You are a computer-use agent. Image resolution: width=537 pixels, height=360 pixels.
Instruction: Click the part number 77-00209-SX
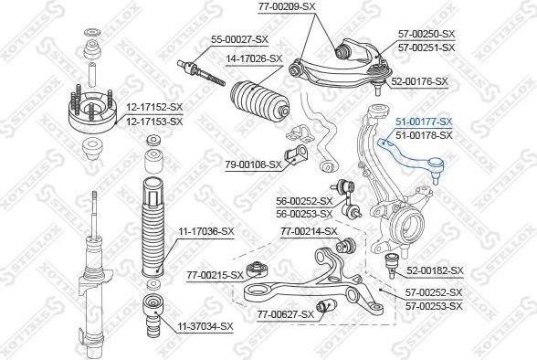[x=287, y=6]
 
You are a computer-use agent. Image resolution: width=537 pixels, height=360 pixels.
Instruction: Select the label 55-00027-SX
[x=239, y=39]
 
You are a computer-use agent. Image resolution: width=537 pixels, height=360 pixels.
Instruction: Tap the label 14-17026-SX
[x=254, y=58]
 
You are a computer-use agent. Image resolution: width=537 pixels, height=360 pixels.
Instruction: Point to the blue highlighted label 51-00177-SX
[x=424, y=122]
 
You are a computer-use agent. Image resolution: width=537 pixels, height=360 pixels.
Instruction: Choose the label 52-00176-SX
[x=419, y=81]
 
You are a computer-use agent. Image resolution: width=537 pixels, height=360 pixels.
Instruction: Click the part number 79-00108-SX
[x=254, y=165]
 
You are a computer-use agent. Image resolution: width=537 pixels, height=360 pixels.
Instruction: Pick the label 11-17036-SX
[x=206, y=231]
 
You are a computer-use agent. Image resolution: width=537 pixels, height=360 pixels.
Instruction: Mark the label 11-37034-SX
[x=205, y=326]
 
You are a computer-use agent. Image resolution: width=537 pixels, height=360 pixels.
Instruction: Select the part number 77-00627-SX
[x=286, y=314]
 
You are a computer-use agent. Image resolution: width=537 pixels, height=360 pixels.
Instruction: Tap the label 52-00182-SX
[x=435, y=270]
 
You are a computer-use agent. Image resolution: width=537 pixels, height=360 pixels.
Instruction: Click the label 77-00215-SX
[x=216, y=275]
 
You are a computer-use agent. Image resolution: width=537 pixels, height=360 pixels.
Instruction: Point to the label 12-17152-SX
[x=155, y=108]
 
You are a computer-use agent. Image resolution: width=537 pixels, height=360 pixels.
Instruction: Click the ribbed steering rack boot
[x=260, y=101]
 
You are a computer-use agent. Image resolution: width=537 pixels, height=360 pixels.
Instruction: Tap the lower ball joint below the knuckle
[x=392, y=264]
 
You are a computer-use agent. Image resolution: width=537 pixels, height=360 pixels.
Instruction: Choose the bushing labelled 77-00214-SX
[x=345, y=245]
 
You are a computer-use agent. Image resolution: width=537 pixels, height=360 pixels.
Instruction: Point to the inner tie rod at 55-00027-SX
[x=201, y=72]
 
